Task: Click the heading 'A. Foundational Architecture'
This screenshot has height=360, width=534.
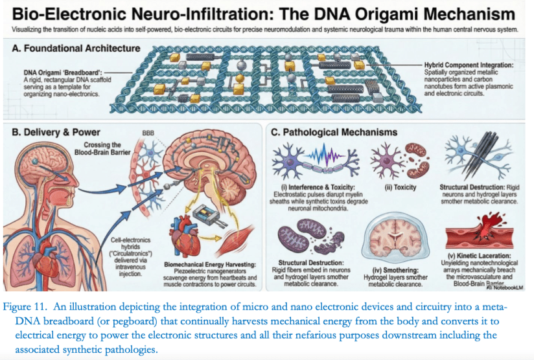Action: coord(76,49)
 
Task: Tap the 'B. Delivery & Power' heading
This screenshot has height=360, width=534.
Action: coord(56,132)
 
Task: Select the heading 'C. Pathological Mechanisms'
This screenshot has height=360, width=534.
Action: coord(334,132)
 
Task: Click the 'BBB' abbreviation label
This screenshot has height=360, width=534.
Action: coord(148,133)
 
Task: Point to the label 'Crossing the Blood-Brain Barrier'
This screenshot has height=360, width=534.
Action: coord(102,148)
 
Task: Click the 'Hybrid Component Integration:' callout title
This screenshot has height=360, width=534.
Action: coord(469,65)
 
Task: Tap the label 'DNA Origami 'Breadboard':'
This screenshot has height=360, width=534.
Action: coord(63,73)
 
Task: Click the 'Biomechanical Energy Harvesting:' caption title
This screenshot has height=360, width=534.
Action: coord(210,264)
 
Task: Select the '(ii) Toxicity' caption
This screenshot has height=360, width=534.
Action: coord(400,187)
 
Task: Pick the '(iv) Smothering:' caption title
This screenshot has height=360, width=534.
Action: coord(395,270)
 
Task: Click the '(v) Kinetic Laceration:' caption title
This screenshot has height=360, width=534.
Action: coord(479,256)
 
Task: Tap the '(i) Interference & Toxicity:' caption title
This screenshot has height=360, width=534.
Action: coord(318,187)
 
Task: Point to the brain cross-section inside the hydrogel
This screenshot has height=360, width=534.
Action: coord(395,239)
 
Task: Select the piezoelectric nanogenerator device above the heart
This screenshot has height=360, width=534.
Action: coord(208,217)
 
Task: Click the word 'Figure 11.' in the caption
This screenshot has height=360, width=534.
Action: coord(25,307)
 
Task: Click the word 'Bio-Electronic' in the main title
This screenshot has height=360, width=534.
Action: coord(69,14)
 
